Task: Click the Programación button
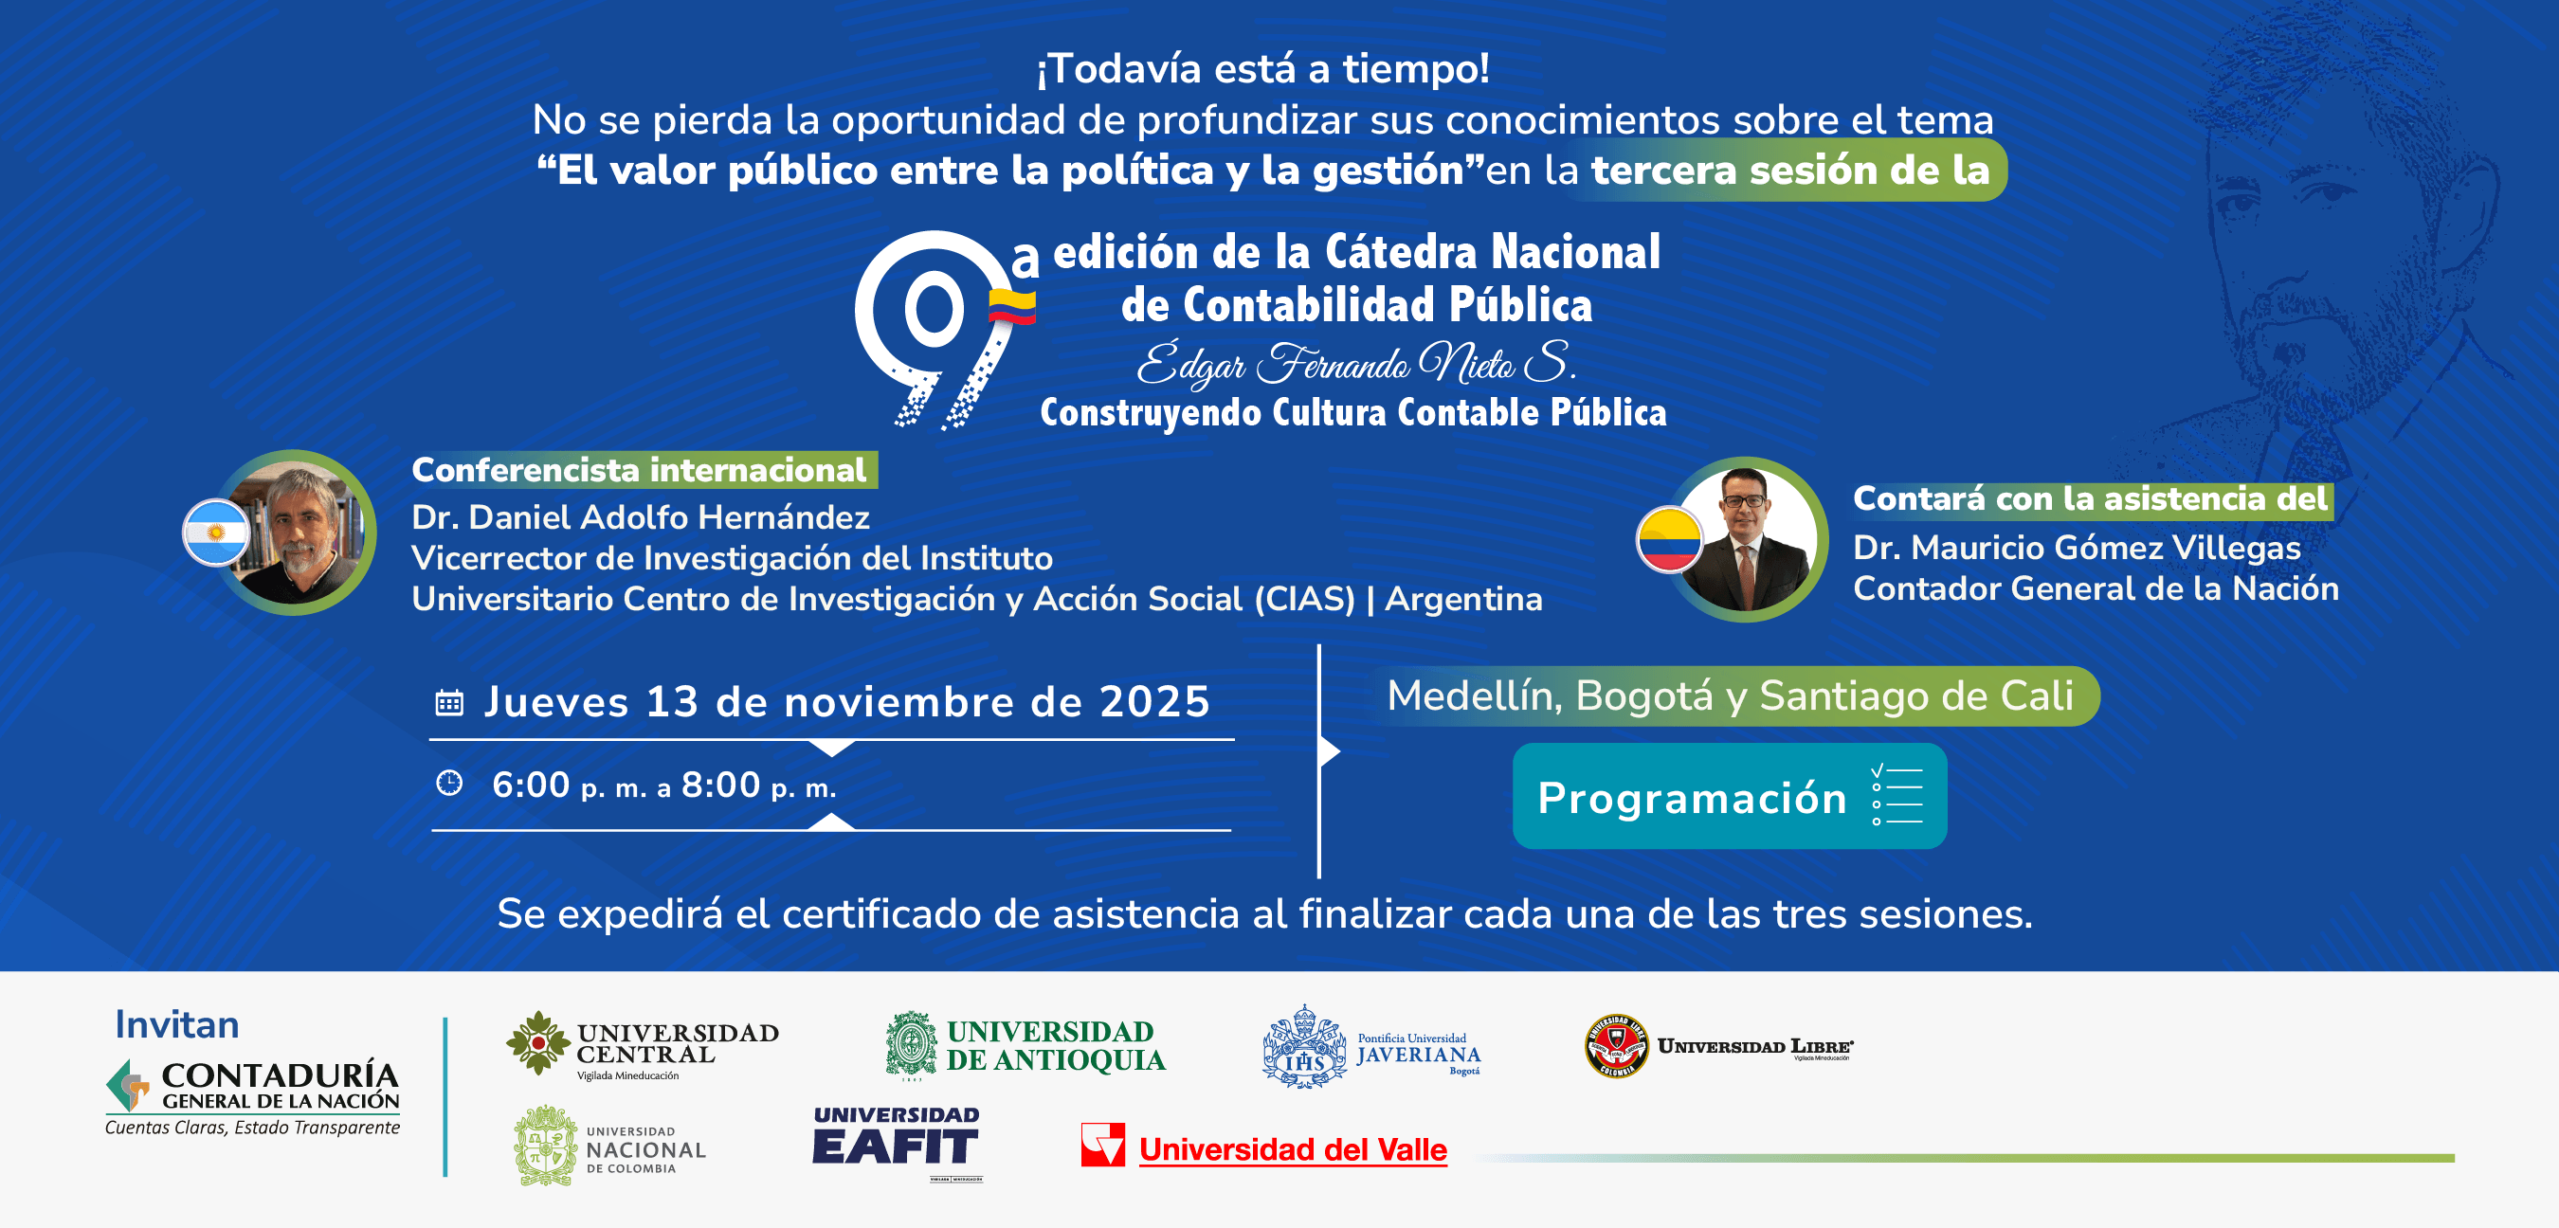(1729, 796)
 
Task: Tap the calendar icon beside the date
(449, 702)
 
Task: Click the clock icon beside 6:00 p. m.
(449, 783)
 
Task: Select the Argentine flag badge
(215, 533)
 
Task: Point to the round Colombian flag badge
(1669, 539)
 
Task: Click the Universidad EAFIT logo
(896, 1144)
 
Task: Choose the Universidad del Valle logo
(1263, 1147)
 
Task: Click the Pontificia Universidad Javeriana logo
(1370, 1047)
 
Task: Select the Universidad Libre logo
(1718, 1046)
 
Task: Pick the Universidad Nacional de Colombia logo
(610, 1147)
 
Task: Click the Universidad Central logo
(642, 1044)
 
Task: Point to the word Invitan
(177, 1024)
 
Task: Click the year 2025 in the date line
(1154, 701)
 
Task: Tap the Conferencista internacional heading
(639, 470)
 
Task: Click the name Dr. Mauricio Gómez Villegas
(2077, 548)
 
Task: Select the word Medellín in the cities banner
(1474, 695)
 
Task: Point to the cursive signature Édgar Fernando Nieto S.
(1356, 364)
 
